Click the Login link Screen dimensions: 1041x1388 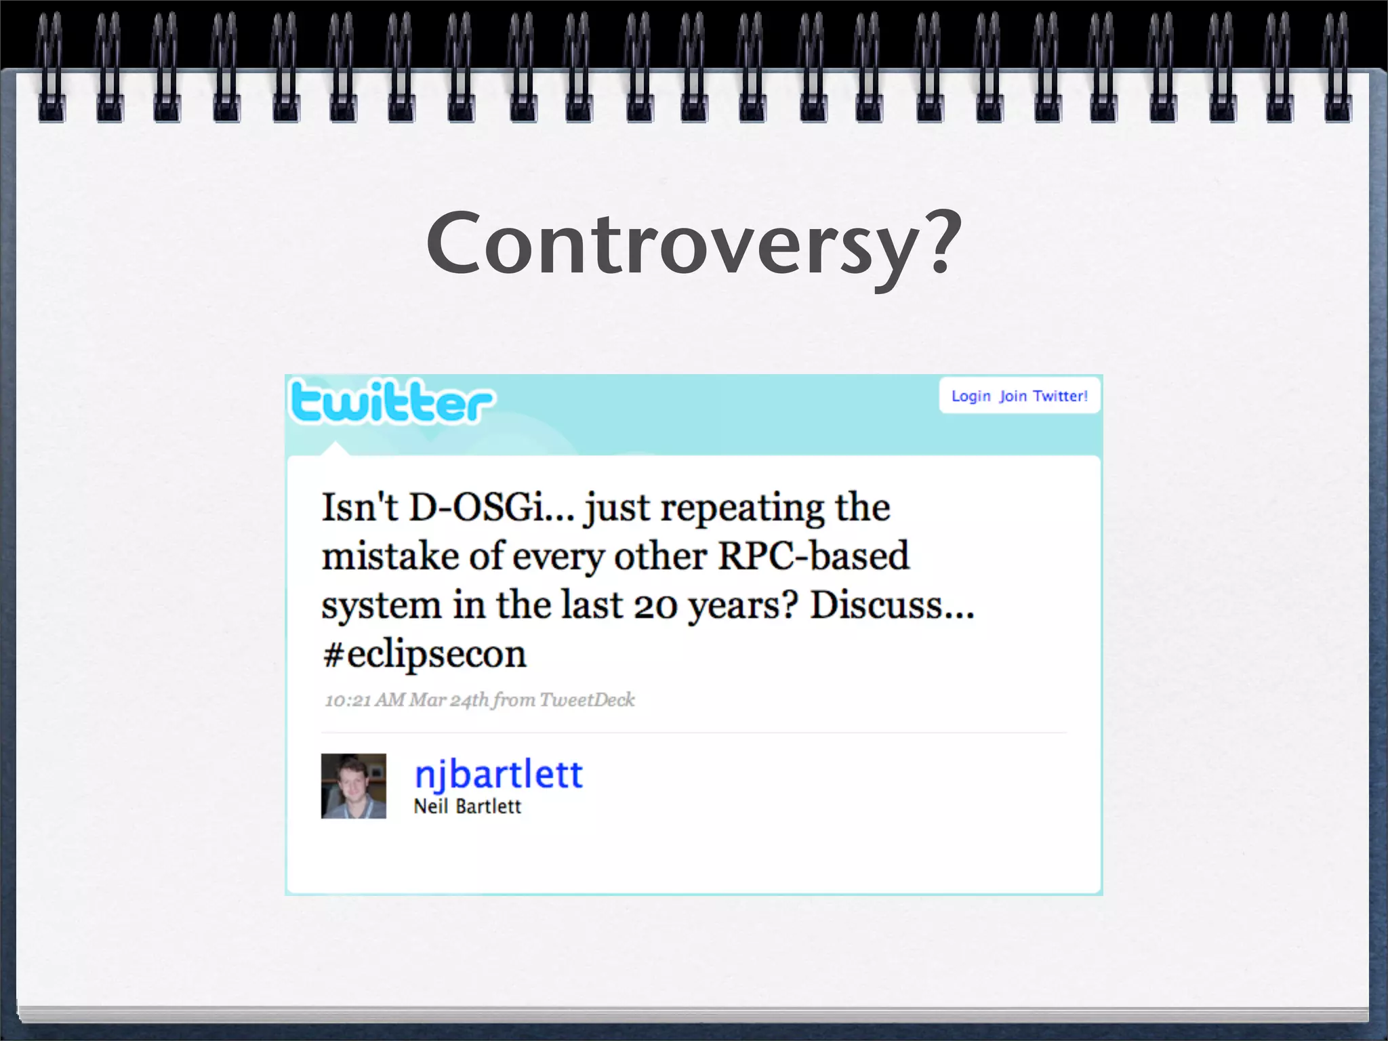click(971, 396)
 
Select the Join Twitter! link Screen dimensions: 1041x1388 click(1044, 396)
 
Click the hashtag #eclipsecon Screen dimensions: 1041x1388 click(424, 654)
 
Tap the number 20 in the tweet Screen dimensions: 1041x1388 click(655, 605)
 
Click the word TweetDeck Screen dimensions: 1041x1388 click(587, 699)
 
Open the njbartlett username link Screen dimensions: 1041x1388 click(498, 774)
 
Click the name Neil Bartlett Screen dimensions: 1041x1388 click(467, 807)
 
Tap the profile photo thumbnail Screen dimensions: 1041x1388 click(353, 785)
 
